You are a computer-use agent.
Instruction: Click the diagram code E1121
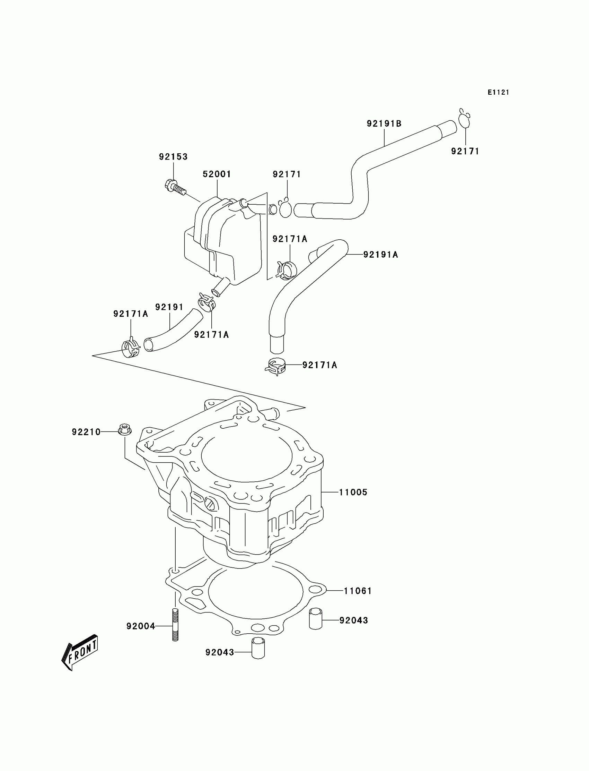point(498,92)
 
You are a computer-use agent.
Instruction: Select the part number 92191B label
point(384,123)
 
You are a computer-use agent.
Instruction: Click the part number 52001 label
point(217,174)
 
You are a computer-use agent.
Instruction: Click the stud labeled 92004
point(175,626)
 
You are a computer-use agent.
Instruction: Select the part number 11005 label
point(353,492)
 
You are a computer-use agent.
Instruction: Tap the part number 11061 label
point(358,591)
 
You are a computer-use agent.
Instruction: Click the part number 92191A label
point(380,255)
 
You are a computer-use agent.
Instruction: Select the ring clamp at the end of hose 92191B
point(464,120)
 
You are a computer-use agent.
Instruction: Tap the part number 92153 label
point(173,156)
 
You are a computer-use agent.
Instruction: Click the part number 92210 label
point(86,432)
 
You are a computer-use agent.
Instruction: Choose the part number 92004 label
point(141,626)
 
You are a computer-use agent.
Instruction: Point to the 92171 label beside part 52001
point(287,174)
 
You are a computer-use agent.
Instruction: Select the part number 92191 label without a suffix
point(169,307)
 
